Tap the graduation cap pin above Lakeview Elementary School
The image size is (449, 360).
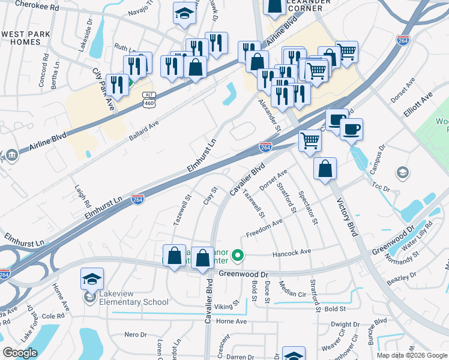[x=92, y=279]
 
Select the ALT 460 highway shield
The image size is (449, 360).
[x=149, y=100]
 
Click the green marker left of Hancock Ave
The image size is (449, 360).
[x=238, y=257]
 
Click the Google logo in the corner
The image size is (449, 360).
[x=20, y=353]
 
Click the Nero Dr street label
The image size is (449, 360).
[x=135, y=334]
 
